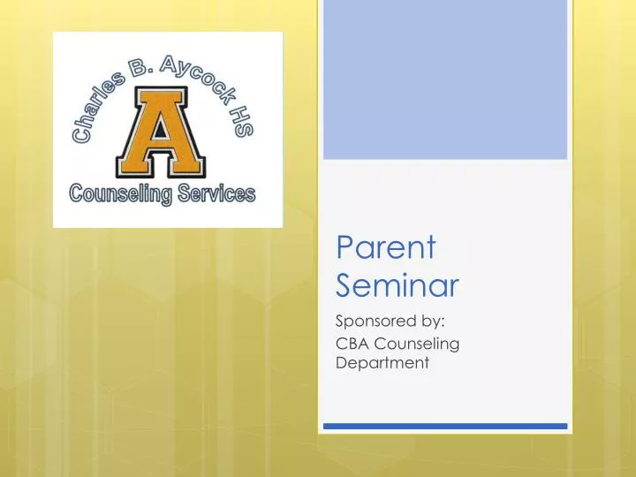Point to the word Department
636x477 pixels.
pyautogui.click(x=382, y=361)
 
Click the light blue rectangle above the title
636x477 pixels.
pyautogui.click(x=444, y=79)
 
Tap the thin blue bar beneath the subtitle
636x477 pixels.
pyautogui.click(x=444, y=426)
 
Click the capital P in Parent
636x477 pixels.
pyautogui.click(x=344, y=248)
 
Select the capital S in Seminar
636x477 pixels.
pyautogui.click(x=345, y=284)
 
